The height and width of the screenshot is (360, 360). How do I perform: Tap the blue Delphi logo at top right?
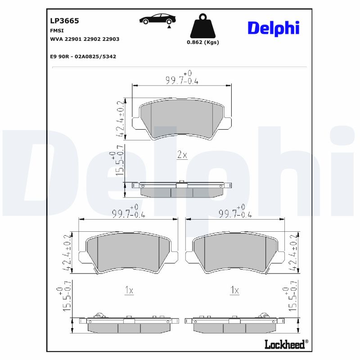click(273, 28)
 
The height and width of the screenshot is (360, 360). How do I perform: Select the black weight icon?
click(202, 27)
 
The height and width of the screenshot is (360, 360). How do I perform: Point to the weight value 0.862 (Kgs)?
click(202, 42)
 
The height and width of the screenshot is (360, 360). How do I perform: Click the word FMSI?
click(57, 30)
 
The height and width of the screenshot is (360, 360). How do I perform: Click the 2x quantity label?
click(181, 155)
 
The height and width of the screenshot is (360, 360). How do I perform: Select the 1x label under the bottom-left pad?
click(129, 291)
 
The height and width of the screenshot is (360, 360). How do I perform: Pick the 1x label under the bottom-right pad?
click(234, 291)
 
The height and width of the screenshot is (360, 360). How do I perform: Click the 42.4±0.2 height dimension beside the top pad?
click(121, 118)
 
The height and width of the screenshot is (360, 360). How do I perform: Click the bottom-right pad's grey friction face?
click(234, 253)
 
